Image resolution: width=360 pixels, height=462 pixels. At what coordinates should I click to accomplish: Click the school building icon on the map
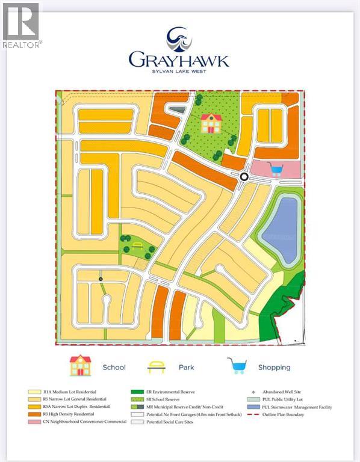click(x=211, y=123)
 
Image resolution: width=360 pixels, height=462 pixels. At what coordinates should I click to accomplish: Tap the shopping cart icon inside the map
click(x=275, y=170)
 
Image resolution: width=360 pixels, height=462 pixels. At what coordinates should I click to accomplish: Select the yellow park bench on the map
click(x=137, y=245)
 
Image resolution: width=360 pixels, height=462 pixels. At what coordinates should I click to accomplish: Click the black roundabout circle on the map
click(x=244, y=177)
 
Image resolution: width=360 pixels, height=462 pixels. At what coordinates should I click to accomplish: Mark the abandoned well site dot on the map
click(x=101, y=279)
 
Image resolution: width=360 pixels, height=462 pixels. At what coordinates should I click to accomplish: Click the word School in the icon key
click(x=114, y=367)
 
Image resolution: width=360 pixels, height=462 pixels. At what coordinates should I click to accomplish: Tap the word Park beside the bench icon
click(x=187, y=367)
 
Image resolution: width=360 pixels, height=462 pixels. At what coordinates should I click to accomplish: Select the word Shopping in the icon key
click(x=274, y=367)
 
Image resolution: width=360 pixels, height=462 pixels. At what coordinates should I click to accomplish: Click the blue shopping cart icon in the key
click(x=237, y=365)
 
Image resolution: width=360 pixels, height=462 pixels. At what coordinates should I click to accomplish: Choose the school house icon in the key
click(x=79, y=366)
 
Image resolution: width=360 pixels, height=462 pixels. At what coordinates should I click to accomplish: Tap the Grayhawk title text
click(x=179, y=60)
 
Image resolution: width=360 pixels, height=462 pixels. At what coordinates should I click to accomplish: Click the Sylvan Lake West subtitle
click(x=179, y=72)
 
